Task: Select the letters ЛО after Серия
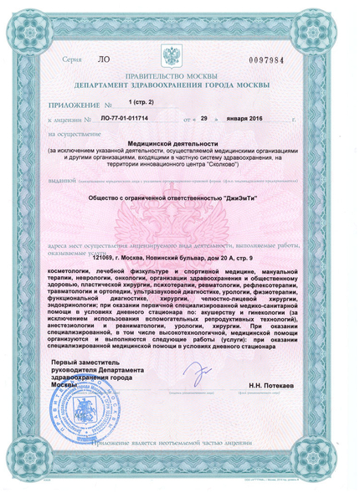[103, 61]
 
